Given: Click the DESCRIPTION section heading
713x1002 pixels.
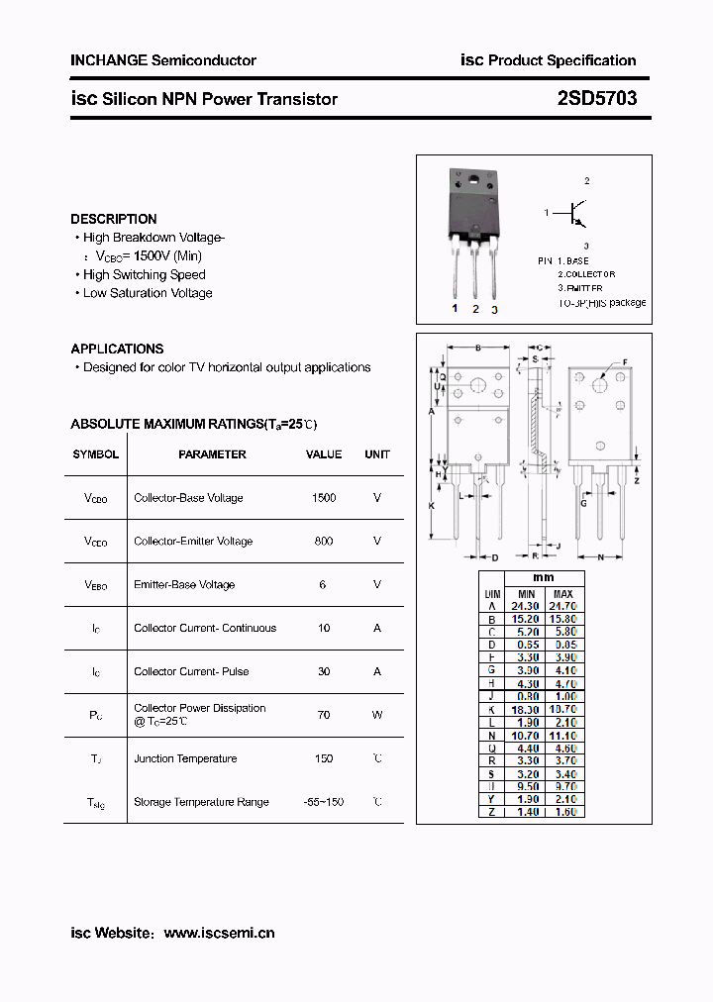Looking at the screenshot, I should tap(114, 219).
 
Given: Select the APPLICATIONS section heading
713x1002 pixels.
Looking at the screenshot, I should tap(117, 349).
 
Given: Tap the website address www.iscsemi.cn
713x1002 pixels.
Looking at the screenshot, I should tap(219, 933).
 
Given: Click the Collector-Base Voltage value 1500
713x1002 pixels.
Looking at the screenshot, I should tap(324, 498).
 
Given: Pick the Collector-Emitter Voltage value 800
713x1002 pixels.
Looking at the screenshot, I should tap(324, 542).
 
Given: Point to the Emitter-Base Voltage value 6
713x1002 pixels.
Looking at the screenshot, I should tap(323, 584).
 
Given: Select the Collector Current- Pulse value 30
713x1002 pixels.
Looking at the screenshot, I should tap(324, 671).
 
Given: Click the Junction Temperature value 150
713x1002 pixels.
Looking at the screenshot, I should tap(324, 758).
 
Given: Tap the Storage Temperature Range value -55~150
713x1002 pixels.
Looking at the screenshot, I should tap(324, 802).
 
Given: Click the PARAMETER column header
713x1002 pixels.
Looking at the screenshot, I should tap(212, 454).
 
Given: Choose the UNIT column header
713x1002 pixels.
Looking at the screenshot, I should tap(377, 454).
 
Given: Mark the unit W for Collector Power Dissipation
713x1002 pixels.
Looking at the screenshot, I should tap(377, 714).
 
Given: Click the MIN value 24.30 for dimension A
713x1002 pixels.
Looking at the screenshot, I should tap(525, 605).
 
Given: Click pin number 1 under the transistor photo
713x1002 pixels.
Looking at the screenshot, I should tap(456, 309).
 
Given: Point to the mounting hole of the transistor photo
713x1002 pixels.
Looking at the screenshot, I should tap(473, 181).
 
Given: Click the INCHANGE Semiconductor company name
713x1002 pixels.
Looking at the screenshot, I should tap(163, 60).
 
